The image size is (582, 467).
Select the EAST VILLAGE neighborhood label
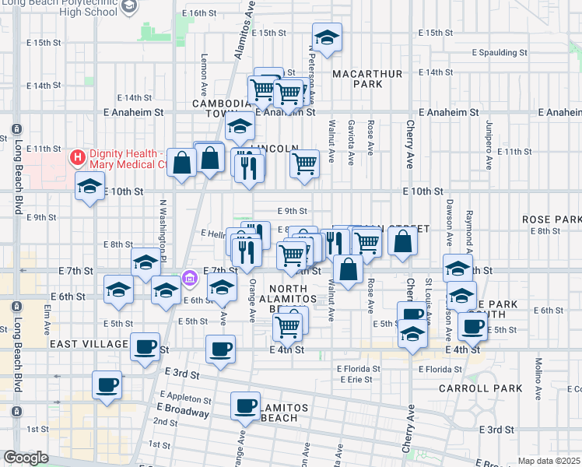78,343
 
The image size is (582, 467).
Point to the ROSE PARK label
552,219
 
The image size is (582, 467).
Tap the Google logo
26,458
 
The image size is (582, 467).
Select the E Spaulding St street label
500,53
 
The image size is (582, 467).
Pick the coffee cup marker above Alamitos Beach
247,405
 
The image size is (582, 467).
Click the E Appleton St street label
186,399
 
